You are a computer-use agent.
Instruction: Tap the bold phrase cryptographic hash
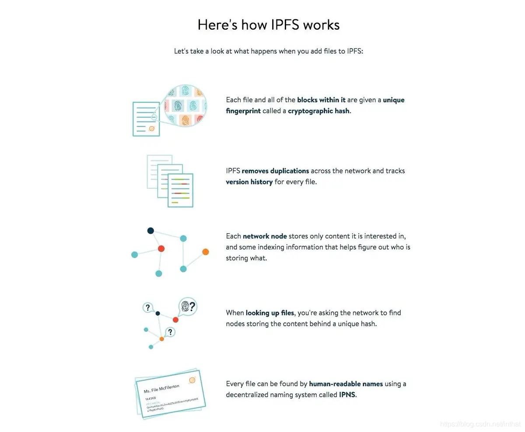tap(319, 111)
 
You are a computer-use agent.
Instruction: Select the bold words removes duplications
tap(275, 171)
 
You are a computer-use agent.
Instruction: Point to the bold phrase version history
tap(249, 182)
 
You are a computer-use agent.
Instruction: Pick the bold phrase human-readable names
tap(346, 384)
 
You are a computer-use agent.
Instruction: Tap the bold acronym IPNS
tap(347, 395)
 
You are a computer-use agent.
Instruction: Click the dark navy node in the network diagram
tap(150, 231)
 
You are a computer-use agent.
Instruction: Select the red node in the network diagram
tap(161, 249)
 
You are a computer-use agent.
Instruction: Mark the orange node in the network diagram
tap(206, 252)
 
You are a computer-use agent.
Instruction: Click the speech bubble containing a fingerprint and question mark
tap(188, 306)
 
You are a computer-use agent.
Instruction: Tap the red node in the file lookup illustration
tap(175, 320)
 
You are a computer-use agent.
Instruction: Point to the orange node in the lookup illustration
tap(161, 339)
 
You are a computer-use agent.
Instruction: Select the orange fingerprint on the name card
tap(192, 380)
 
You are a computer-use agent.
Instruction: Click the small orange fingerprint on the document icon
tap(152, 128)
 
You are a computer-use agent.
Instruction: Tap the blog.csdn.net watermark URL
tap(479, 424)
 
